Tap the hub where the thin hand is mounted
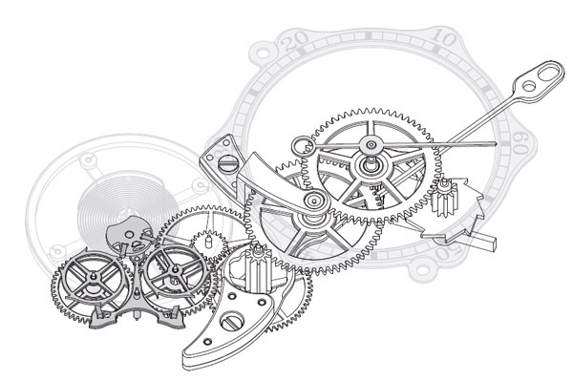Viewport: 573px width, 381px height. tap(368, 163)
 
